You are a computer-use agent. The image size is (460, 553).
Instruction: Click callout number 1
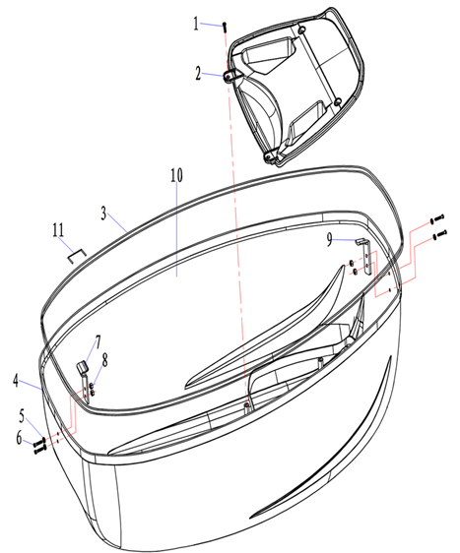tap(196, 24)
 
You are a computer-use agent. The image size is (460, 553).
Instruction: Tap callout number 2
tap(198, 74)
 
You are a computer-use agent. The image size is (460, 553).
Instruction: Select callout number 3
tap(103, 214)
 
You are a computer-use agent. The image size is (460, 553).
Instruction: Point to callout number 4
tap(16, 381)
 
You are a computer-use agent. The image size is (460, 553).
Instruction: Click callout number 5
tap(22, 416)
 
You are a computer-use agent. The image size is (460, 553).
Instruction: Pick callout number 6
tap(20, 439)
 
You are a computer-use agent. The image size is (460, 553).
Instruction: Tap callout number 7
tap(98, 342)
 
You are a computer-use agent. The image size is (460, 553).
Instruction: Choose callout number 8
tap(104, 360)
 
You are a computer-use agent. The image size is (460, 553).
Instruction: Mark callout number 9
tap(329, 240)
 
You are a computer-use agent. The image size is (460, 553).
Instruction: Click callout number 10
tap(177, 175)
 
